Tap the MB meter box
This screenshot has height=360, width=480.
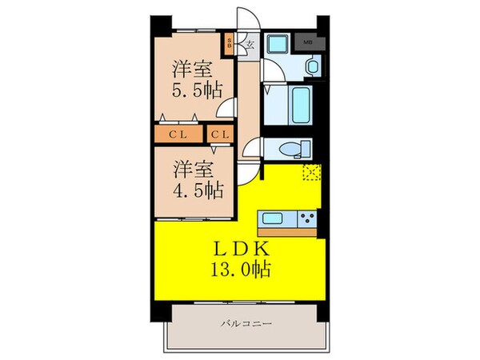coord(308,40)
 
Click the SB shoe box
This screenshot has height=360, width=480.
coord(230,42)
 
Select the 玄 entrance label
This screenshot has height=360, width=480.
coord(250,44)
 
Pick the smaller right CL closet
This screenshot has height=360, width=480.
coord(221,134)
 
